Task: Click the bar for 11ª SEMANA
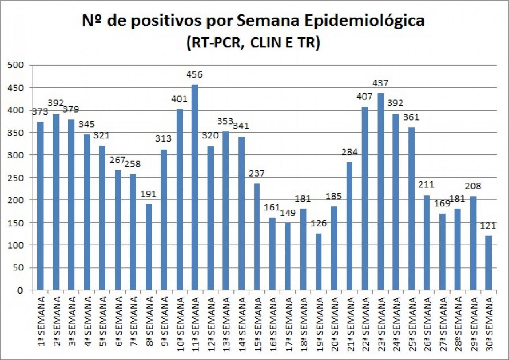tap(195, 187)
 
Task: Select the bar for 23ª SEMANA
tap(381, 191)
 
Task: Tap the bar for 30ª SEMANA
tap(488, 263)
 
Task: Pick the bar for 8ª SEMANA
tap(148, 247)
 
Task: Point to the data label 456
tap(195, 75)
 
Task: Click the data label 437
tap(381, 84)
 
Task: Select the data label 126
tap(319, 223)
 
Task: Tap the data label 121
tap(488, 226)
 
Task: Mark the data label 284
tap(350, 152)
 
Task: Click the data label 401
tap(179, 98)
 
